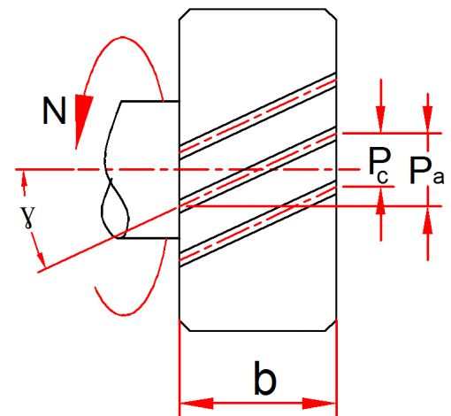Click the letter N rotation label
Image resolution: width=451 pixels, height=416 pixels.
(54, 111)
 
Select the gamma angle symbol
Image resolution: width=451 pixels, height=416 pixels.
(28, 218)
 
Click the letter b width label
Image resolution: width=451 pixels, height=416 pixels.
(265, 378)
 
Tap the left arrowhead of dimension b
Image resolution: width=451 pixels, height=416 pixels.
(196, 404)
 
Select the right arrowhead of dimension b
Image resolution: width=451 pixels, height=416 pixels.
(319, 404)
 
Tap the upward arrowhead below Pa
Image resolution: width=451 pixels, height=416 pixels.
(428, 220)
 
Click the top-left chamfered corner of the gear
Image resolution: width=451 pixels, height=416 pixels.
(184, 14)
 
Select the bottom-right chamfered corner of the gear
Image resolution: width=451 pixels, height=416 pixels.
(332, 326)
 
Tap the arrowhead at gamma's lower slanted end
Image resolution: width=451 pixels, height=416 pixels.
(42, 259)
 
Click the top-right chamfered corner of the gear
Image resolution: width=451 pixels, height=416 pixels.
(332, 14)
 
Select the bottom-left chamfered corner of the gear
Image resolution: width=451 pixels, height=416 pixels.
(184, 326)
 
